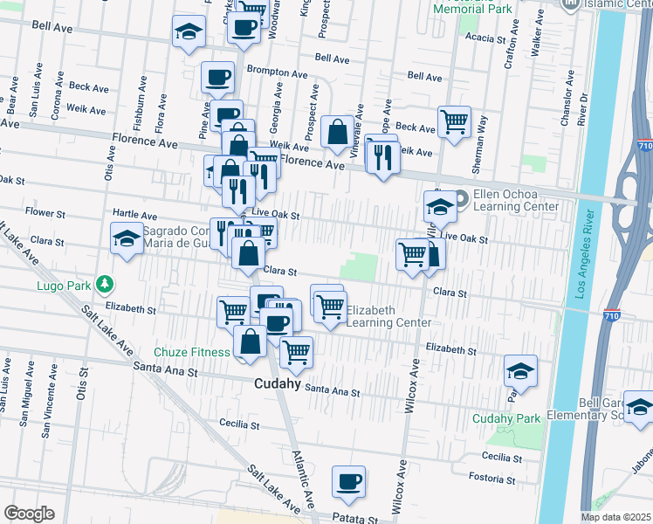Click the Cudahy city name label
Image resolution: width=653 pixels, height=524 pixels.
[x=278, y=383]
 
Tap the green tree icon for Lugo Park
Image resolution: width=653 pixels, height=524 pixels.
[x=105, y=284]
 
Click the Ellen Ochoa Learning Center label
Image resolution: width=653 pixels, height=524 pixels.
[x=515, y=201]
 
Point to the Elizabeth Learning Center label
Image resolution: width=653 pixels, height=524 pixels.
[x=388, y=316]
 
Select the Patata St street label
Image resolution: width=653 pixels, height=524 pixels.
[x=355, y=518]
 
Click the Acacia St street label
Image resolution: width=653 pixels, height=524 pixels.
[x=485, y=38]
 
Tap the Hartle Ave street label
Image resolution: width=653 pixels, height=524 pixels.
[x=135, y=215]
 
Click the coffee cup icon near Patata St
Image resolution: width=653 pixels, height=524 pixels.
[x=348, y=482]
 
